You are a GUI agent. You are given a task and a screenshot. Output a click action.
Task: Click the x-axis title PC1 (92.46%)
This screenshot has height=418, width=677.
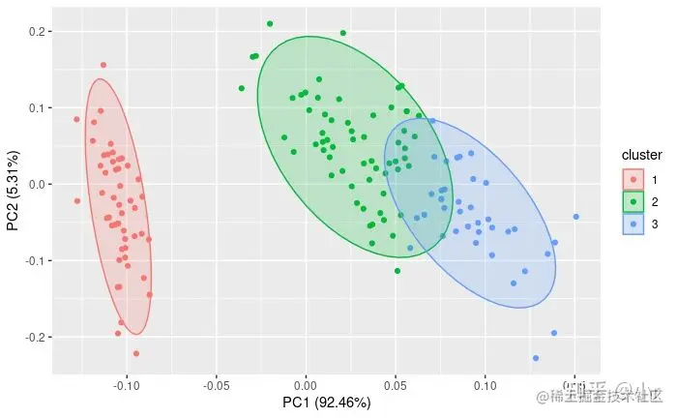tap(327, 403)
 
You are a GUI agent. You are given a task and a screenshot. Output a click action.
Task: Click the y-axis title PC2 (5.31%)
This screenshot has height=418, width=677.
tap(13, 190)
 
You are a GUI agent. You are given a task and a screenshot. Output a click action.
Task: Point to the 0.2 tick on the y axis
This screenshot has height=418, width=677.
tap(38, 32)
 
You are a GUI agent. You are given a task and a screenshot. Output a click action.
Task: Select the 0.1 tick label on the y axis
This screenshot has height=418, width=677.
tap(38, 107)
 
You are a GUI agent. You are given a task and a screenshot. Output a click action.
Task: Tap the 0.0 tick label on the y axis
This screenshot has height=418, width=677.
tap(38, 184)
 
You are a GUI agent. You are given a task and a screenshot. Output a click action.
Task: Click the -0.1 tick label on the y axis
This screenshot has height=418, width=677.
tap(36, 260)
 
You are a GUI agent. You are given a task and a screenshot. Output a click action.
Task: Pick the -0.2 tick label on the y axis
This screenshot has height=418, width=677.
tap(36, 337)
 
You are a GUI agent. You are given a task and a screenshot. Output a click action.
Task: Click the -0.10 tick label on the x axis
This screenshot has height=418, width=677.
tap(126, 385)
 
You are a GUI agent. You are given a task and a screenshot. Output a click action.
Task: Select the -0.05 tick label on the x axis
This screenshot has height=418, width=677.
tap(216, 385)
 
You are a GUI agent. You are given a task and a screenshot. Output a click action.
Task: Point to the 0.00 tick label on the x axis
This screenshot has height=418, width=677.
tap(306, 385)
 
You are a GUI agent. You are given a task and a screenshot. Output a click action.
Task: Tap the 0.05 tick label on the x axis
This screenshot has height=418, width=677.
tap(396, 385)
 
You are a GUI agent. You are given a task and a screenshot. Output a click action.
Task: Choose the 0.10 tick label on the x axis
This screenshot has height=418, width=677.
tap(486, 385)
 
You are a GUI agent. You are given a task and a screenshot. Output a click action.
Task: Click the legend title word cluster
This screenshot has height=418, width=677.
tap(641, 155)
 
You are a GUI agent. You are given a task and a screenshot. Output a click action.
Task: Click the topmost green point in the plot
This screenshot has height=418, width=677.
tap(270, 23)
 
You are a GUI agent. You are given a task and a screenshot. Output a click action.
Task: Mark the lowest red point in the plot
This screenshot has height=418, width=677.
tap(135, 353)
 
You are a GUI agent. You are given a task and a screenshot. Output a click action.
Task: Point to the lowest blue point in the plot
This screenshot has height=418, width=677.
tap(535, 358)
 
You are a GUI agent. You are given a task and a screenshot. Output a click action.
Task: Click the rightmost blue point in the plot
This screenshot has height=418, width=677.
tap(575, 217)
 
